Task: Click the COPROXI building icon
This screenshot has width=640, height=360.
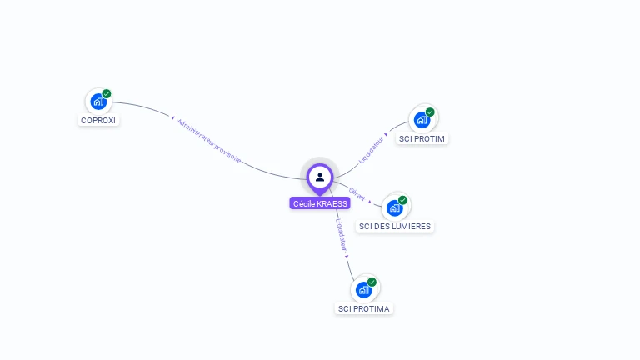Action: coord(98,102)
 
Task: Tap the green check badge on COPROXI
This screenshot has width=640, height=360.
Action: coord(107,93)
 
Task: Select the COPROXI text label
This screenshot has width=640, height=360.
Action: coord(98,120)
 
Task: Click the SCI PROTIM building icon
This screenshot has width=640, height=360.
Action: coord(422,120)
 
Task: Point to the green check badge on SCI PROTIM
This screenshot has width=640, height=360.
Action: coord(430,112)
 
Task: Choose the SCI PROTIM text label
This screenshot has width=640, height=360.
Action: coord(422,138)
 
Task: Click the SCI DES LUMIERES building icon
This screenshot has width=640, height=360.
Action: coord(394,208)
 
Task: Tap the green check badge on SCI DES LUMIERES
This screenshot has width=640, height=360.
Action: coord(402,200)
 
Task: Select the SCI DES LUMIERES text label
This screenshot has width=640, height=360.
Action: coord(395,226)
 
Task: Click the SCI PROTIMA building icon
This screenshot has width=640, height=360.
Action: coord(363,290)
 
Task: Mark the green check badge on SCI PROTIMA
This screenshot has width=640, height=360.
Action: coord(372,282)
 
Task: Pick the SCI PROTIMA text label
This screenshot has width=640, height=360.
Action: coord(363,308)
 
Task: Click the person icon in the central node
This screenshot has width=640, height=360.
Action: coord(320,177)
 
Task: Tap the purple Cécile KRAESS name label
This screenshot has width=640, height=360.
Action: coord(320,203)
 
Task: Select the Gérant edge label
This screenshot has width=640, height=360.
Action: coord(357,193)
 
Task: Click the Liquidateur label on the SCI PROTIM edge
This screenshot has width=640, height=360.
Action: coord(371,148)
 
